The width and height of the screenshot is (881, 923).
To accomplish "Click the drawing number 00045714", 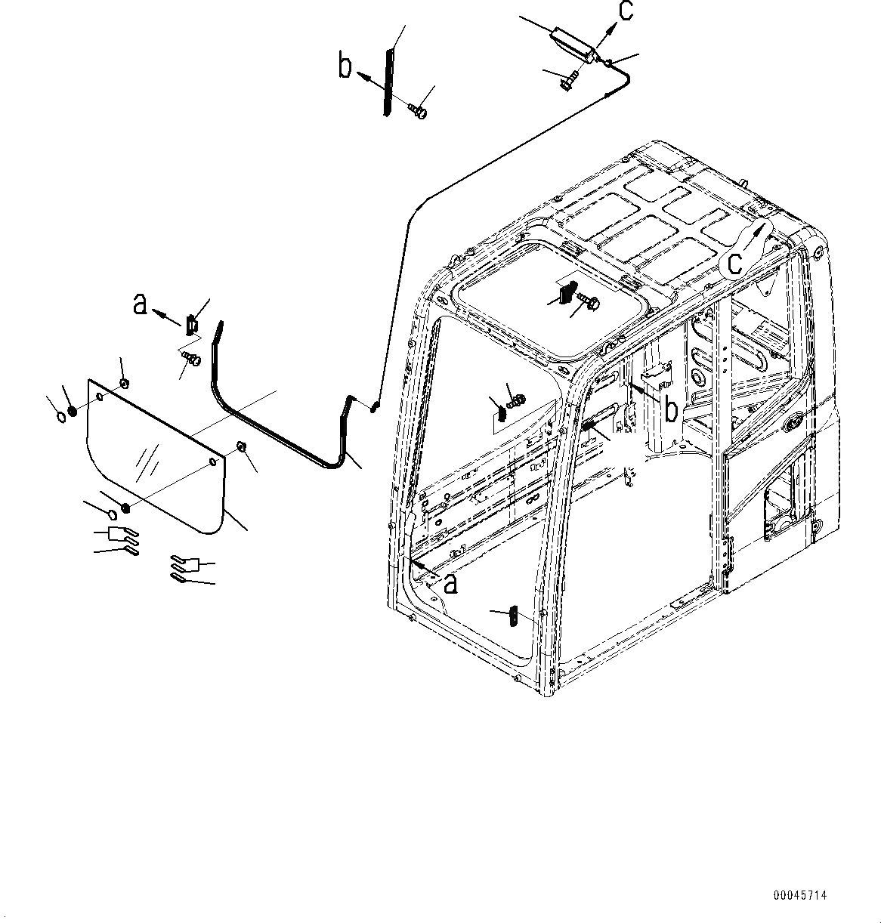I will coord(799,896).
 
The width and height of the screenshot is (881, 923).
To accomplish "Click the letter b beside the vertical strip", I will coord(345,68).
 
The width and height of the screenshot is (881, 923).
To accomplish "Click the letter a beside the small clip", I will coord(139,304).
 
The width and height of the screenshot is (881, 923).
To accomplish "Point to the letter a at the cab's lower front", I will coord(450,583).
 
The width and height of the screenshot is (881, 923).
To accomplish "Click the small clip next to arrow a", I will coord(191,325).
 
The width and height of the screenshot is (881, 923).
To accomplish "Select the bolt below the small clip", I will coord(192,360).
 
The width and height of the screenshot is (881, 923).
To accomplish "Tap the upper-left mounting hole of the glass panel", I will coord(99,396).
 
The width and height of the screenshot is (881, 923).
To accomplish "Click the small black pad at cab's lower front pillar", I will coord(512,616).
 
